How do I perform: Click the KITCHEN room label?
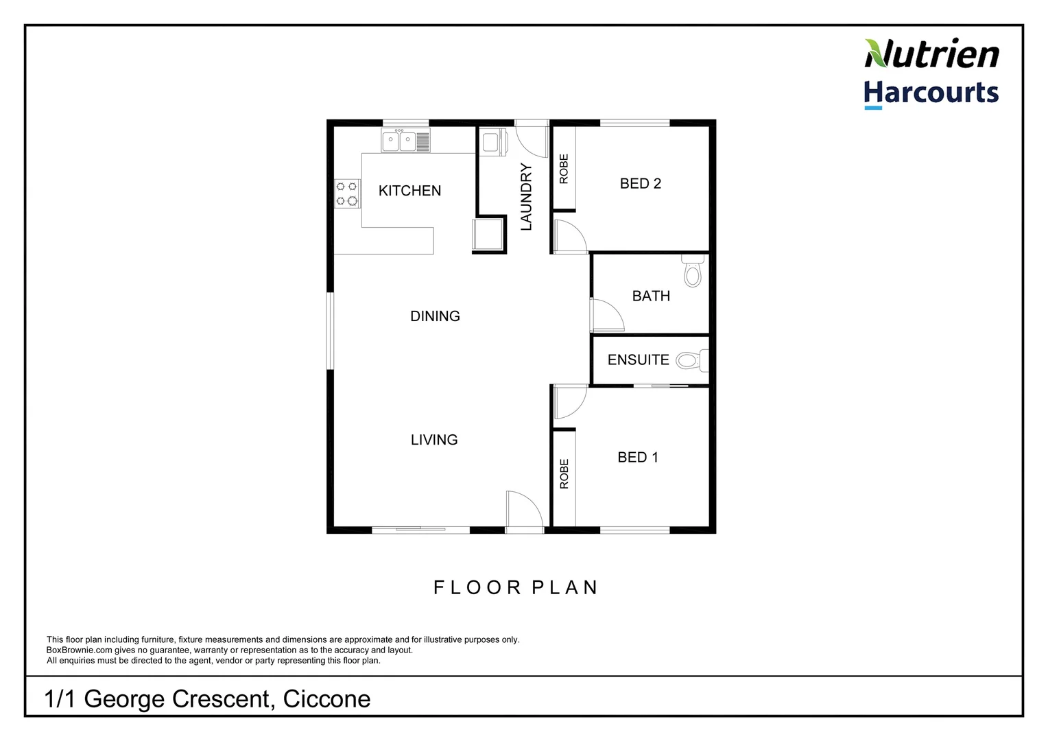(x=409, y=191)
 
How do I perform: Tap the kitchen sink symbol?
(x=405, y=141)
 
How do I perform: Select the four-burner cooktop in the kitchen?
(x=347, y=193)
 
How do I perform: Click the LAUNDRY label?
(x=526, y=196)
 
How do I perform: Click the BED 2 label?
(x=640, y=183)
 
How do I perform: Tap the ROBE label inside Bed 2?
(x=564, y=169)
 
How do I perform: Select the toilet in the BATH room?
(x=693, y=272)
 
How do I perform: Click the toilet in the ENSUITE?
(x=689, y=360)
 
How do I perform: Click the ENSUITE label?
(x=638, y=360)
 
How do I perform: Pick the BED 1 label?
(x=637, y=457)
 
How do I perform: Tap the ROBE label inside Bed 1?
(x=564, y=473)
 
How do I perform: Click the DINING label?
(x=435, y=316)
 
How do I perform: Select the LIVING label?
(x=433, y=440)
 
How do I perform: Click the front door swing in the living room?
(x=523, y=510)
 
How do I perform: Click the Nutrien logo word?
(x=931, y=54)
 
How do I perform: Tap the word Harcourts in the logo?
(x=931, y=93)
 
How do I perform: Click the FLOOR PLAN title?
(x=516, y=587)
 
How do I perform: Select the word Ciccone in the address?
(x=326, y=698)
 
